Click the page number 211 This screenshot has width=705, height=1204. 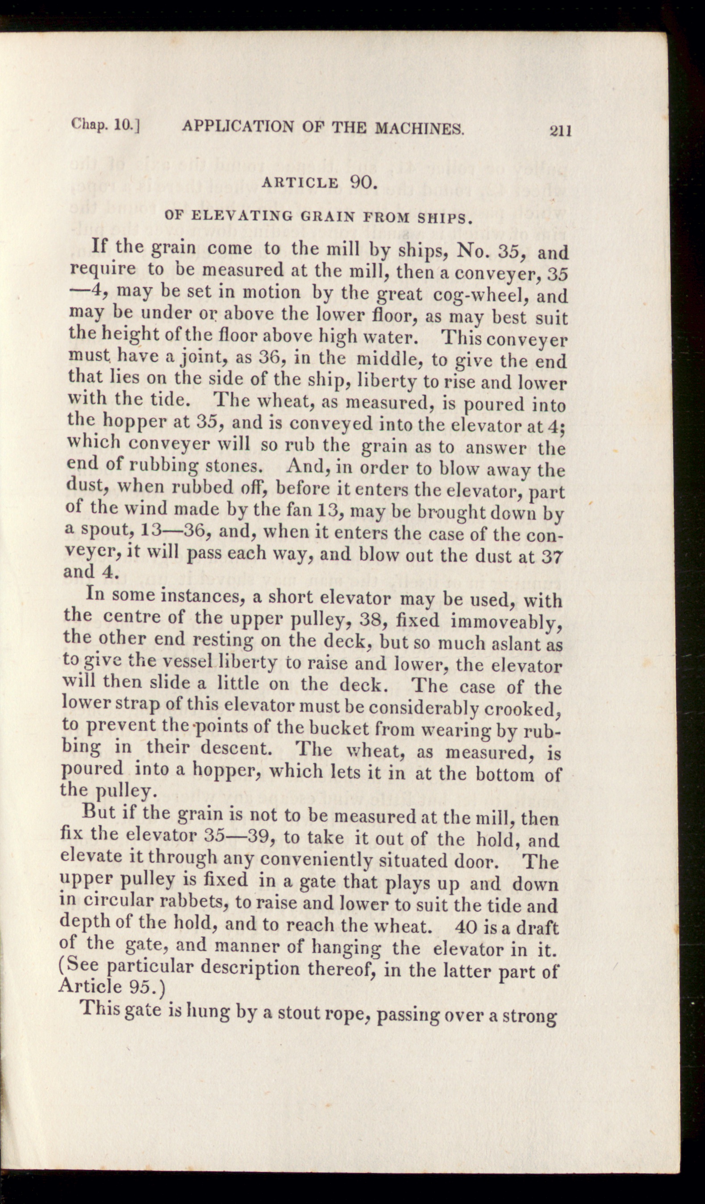[x=560, y=130]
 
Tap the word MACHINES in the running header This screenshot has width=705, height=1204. [x=419, y=127]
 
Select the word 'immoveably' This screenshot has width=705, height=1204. [x=505, y=621]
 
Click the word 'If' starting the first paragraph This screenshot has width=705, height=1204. [x=100, y=245]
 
